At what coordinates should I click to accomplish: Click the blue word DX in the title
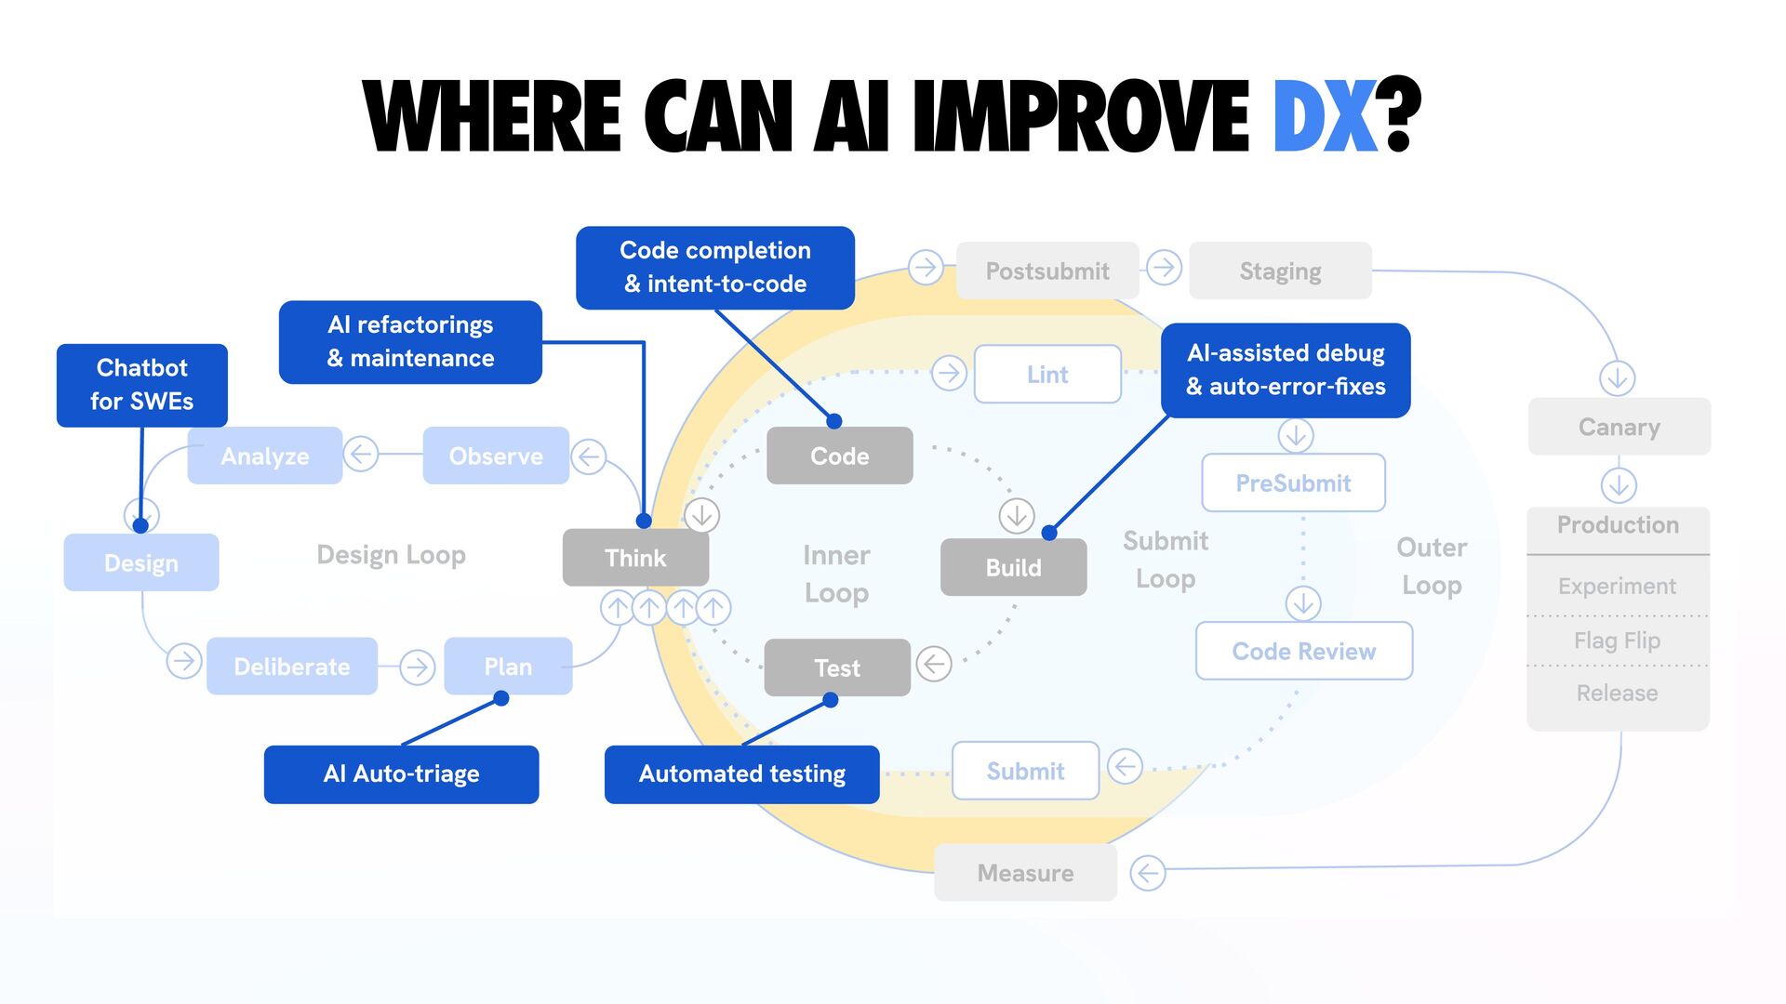(1324, 116)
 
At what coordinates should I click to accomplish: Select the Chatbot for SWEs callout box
(141, 385)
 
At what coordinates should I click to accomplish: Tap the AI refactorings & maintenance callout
(410, 341)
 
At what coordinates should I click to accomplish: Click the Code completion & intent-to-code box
(714, 268)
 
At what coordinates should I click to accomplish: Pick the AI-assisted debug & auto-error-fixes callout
(1286, 370)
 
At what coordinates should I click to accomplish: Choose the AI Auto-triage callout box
(401, 774)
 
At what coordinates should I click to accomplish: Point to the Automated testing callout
(741, 774)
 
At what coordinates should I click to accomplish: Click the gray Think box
(635, 558)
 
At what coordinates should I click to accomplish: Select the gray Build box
(1013, 567)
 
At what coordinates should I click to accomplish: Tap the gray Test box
(837, 667)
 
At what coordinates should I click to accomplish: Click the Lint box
(1047, 374)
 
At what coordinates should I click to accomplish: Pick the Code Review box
(1303, 651)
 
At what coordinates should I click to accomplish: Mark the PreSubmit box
(1293, 482)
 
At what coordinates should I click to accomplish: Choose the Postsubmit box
(1047, 271)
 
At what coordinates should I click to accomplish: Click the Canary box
(1619, 427)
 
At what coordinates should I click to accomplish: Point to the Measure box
(1025, 873)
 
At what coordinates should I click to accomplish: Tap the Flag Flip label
(1617, 641)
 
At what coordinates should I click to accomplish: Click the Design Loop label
(391, 555)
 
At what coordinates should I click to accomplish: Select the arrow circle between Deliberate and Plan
(417, 667)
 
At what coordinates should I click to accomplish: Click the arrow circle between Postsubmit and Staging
(1164, 268)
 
